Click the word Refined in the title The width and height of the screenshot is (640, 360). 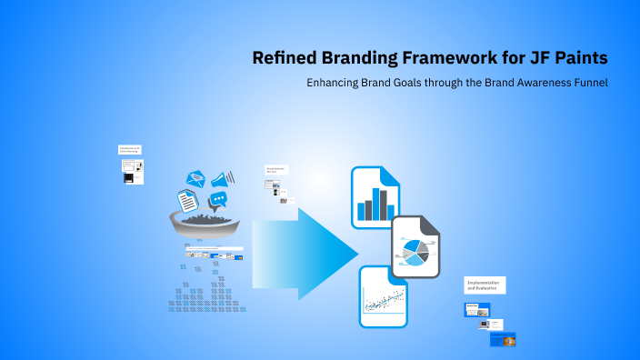[x=284, y=58]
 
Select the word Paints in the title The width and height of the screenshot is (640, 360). [x=578, y=58]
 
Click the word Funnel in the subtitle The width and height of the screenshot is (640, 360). [x=586, y=83]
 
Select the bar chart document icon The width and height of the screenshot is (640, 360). [x=376, y=197]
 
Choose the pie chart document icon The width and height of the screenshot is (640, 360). [x=415, y=247]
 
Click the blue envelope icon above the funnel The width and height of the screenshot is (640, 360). [x=196, y=180]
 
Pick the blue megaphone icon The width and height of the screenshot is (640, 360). [x=223, y=179]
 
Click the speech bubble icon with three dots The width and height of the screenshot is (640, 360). [x=217, y=200]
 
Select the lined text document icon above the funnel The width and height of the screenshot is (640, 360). [x=187, y=201]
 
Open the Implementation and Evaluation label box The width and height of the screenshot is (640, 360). [x=485, y=285]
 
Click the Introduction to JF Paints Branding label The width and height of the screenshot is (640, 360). [x=130, y=149]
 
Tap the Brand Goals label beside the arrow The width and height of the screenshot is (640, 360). [x=275, y=169]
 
